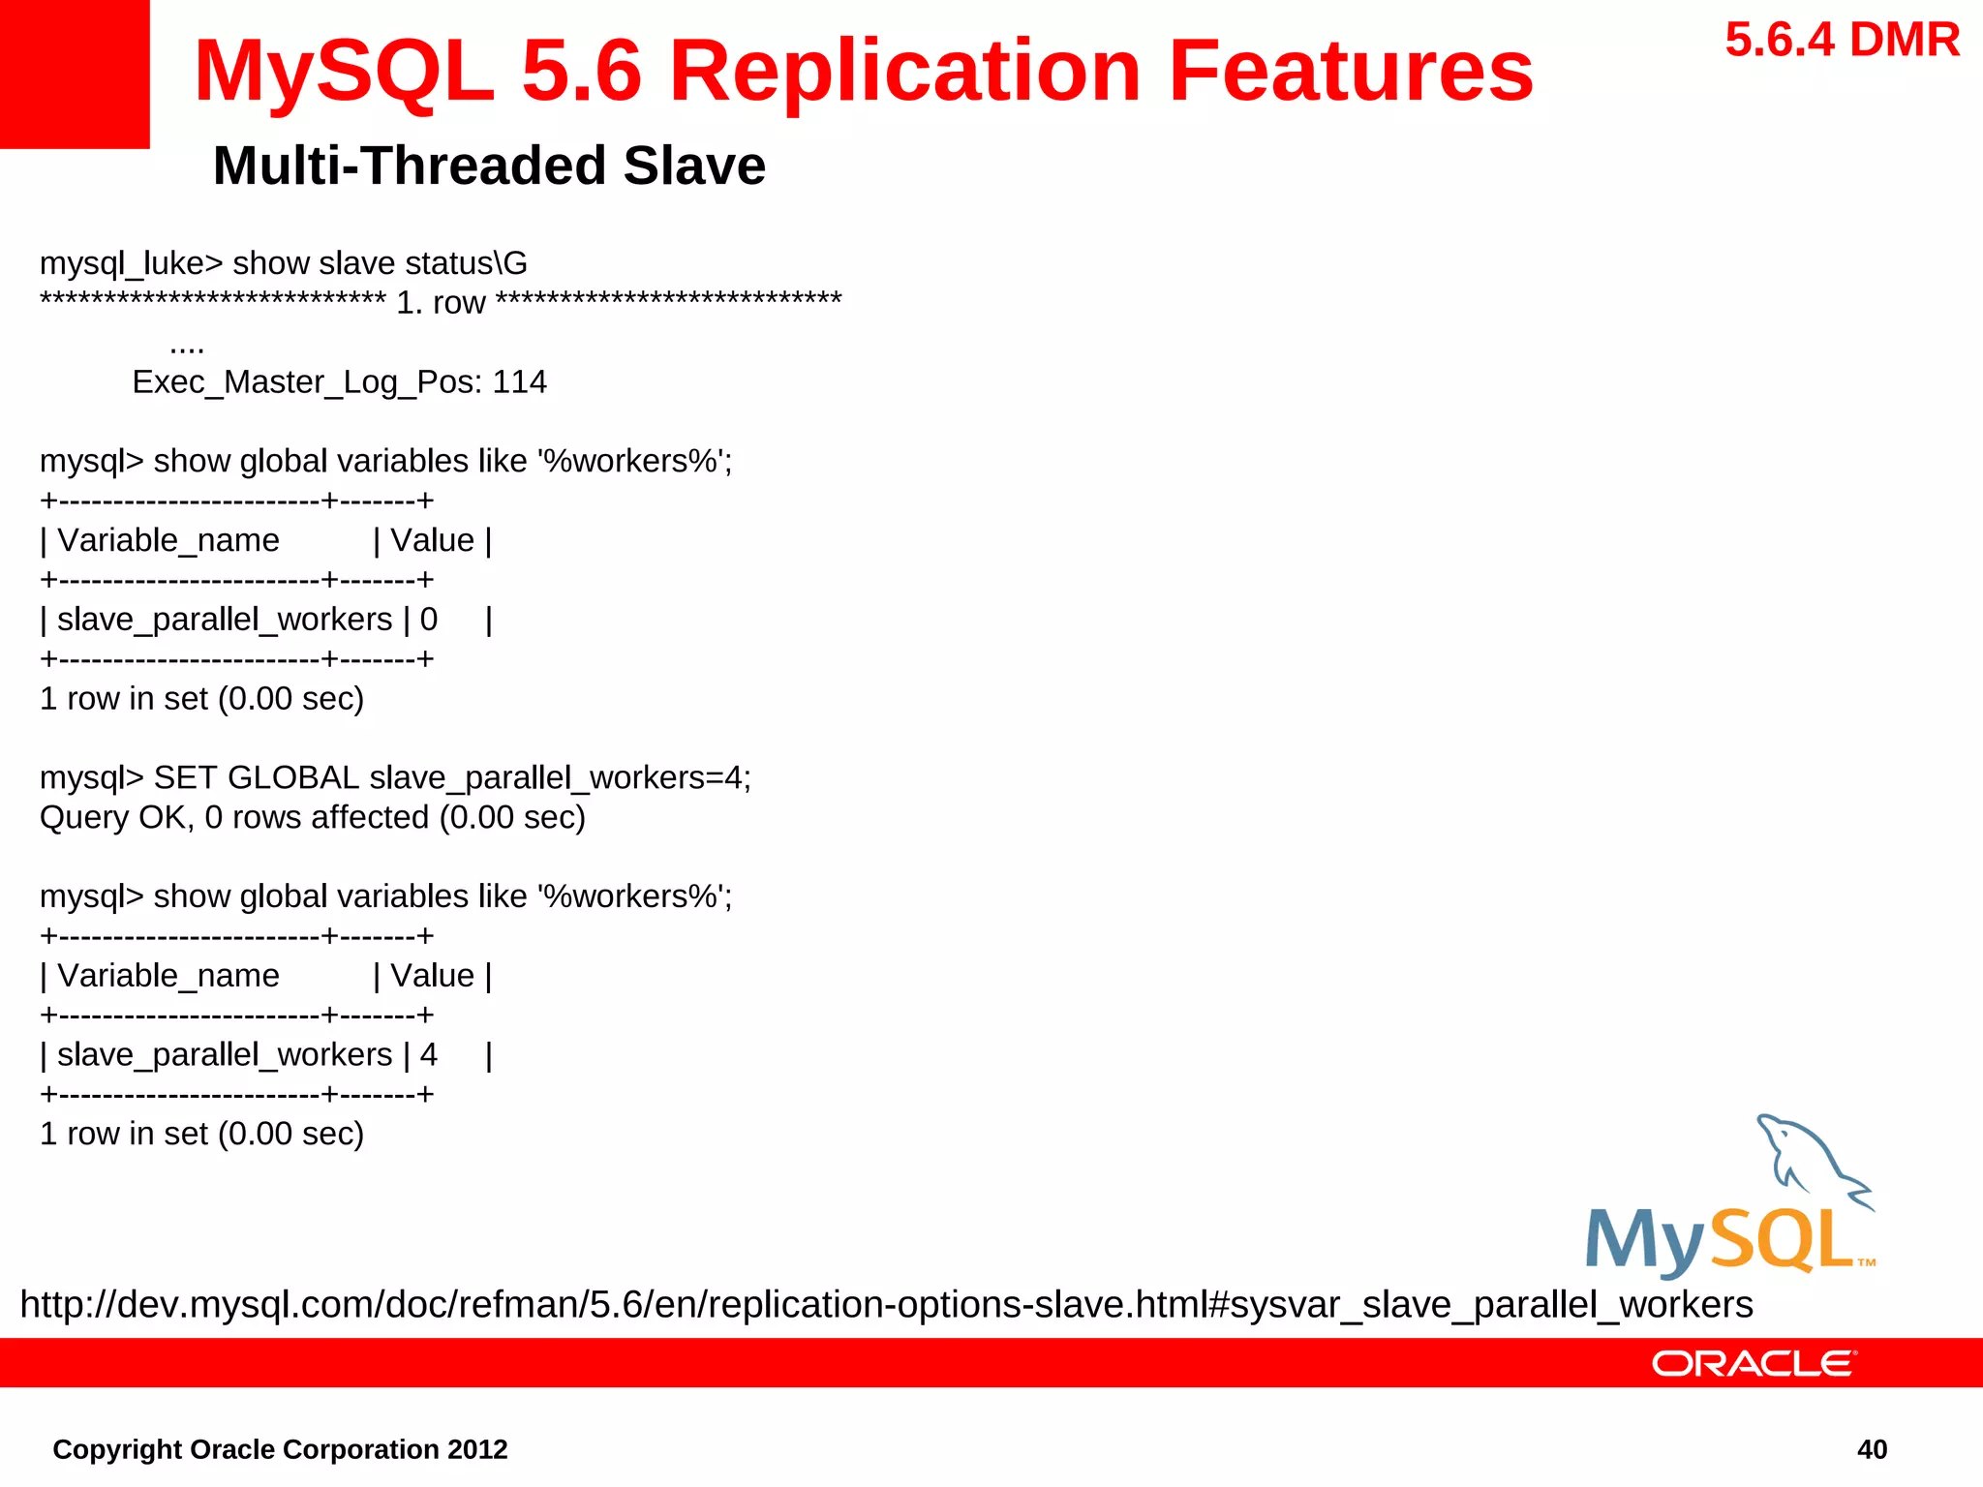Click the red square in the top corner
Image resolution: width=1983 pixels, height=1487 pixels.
tap(74, 74)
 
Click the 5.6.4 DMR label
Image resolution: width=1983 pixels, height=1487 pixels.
tap(1842, 41)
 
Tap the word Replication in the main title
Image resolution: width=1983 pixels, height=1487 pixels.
tap(905, 72)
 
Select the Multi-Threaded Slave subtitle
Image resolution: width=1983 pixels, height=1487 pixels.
tap(489, 166)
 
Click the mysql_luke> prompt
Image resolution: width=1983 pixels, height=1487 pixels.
tap(131, 263)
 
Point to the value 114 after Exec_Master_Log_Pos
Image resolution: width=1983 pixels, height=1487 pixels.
tap(519, 382)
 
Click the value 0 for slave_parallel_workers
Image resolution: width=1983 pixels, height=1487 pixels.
tap(428, 620)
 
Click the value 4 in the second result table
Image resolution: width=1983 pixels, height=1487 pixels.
tap(428, 1055)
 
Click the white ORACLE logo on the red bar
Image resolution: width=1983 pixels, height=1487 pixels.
tap(1754, 1364)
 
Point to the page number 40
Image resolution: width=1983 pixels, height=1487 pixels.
tap(1872, 1449)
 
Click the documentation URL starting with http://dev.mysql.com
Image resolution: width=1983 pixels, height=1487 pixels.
tap(886, 1305)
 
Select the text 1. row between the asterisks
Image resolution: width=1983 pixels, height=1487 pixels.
tap(441, 303)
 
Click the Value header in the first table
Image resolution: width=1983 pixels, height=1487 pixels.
tap(432, 540)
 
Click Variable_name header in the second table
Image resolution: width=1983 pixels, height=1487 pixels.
tap(168, 976)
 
